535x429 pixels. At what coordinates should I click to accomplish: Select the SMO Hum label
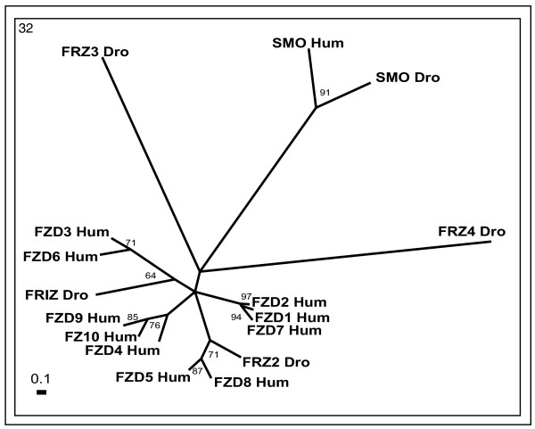[x=308, y=42]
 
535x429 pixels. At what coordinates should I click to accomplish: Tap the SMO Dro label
[x=408, y=78]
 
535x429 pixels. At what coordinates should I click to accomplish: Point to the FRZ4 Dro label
[x=472, y=232]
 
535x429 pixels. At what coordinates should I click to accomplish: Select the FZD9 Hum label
[x=81, y=317]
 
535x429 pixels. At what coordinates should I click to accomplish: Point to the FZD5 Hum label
[x=153, y=376]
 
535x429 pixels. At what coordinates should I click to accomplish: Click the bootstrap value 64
[x=150, y=276]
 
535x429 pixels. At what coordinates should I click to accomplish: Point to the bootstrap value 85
[x=132, y=317]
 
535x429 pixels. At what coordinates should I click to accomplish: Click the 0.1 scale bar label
[x=40, y=378]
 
